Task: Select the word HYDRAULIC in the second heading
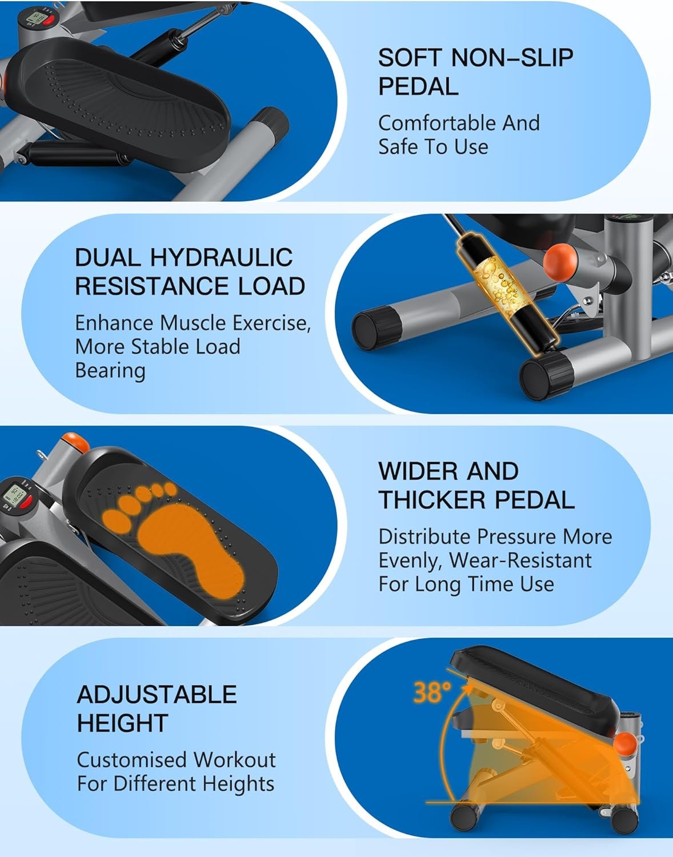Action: [x=221, y=258]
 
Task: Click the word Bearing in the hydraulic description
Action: [x=110, y=371]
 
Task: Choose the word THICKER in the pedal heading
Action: [x=432, y=500]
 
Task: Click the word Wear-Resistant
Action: [x=520, y=560]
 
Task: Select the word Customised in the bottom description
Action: [x=131, y=759]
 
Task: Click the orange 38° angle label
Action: [x=432, y=691]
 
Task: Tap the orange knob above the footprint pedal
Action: [x=75, y=442]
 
